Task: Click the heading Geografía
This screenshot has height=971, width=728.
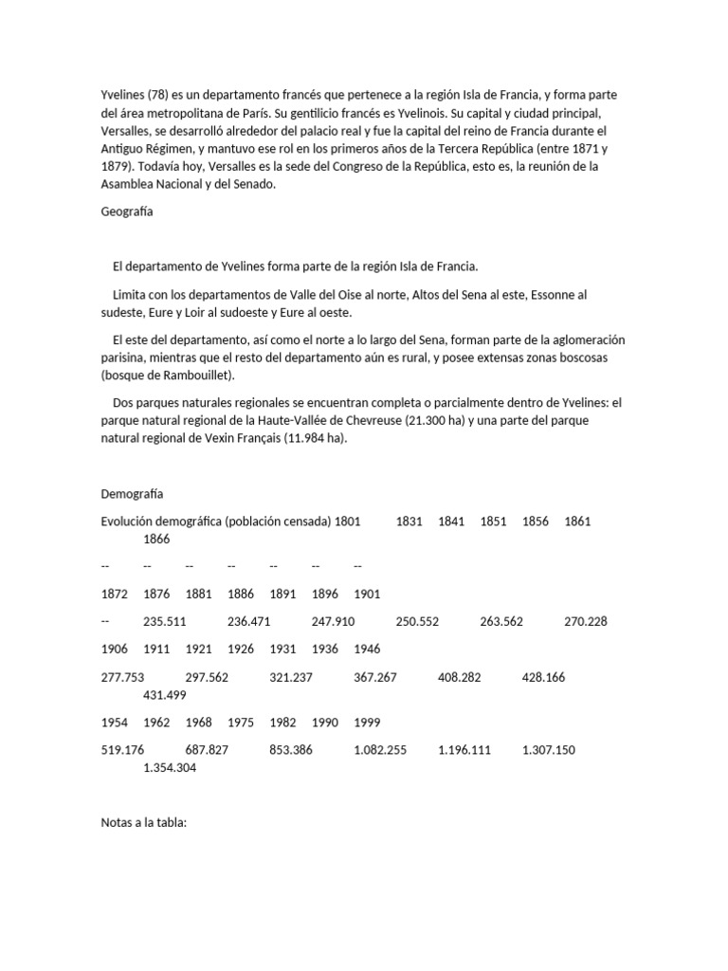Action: [127, 212]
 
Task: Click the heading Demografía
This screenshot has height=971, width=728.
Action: [132, 494]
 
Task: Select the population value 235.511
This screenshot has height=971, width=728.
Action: [164, 622]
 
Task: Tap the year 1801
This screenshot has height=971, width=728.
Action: [348, 522]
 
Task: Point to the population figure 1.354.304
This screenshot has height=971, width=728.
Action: [171, 768]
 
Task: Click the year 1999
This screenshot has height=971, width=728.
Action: [367, 723]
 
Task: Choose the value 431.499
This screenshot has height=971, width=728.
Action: [164, 695]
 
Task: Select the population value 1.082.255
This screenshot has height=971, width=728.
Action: [380, 750]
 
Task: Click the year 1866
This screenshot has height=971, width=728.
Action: [157, 540]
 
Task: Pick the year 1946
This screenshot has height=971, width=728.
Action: [367, 650]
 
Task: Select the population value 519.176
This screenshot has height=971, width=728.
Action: [122, 750]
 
